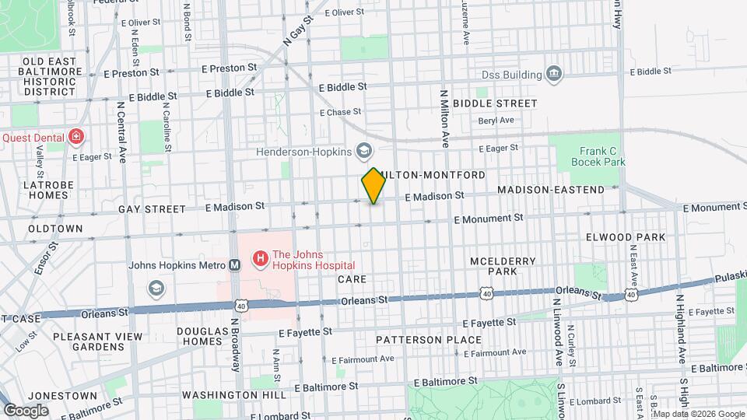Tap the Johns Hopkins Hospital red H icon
pyautogui.click(x=259, y=257)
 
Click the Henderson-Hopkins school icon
pyautogui.click(x=363, y=150)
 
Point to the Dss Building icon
pyautogui.click(x=553, y=75)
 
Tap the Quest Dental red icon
pyautogui.click(x=75, y=138)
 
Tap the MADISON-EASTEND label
pyautogui.click(x=550, y=190)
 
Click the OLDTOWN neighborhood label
pyautogui.click(x=55, y=229)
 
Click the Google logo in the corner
pyautogui.click(x=26, y=410)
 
